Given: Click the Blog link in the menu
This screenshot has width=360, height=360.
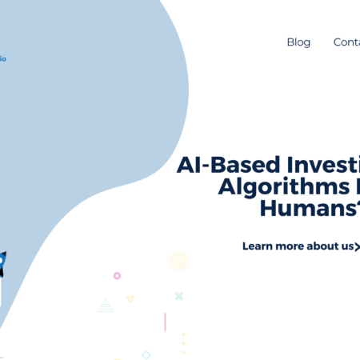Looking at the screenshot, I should [x=298, y=42].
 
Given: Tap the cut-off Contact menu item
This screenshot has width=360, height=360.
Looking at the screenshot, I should [x=346, y=42].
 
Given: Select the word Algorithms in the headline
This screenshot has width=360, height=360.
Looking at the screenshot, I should [x=262, y=189].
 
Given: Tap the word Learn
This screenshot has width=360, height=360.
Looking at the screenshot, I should [x=259, y=246].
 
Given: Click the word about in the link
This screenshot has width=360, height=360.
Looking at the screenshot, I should [x=325, y=246].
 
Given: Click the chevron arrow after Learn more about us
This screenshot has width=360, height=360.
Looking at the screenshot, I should [x=358, y=246].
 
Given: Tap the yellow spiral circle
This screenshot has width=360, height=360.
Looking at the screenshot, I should [x=178, y=262].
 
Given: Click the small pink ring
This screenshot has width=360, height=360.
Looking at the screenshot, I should [x=117, y=275].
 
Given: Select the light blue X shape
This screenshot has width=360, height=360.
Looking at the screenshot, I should [x=178, y=296].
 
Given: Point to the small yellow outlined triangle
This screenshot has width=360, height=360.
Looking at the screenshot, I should [x=130, y=299].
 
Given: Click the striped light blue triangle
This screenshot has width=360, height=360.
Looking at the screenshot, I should [x=105, y=304].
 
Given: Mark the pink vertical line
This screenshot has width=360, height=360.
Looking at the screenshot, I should [x=165, y=322].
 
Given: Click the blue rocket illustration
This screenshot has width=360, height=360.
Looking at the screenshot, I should [x=2, y=262].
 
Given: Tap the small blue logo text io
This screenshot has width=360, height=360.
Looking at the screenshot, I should [x=3, y=58].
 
